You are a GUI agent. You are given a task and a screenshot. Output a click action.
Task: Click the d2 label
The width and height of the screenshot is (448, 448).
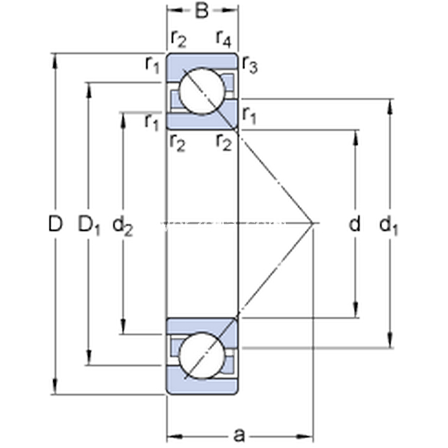tap(122, 224)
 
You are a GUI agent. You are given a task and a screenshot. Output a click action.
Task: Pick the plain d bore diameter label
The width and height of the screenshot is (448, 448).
tap(355, 223)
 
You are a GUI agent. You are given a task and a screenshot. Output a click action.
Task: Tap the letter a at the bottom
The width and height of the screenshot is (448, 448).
tap(239, 433)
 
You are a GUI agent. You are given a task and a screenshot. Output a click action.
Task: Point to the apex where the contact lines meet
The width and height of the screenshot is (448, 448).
tap(312, 223)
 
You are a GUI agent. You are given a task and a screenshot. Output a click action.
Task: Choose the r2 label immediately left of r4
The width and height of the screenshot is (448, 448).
tap(178, 37)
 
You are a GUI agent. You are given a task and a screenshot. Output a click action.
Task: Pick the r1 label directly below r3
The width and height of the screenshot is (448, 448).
tap(249, 116)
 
